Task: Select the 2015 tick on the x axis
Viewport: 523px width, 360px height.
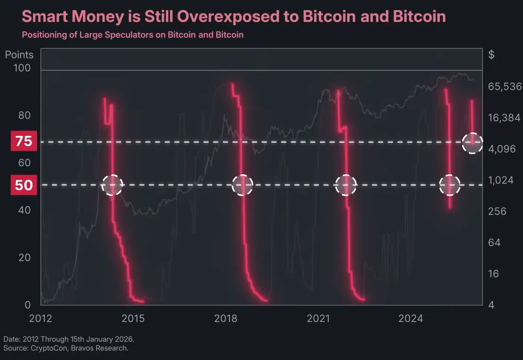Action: tap(133, 318)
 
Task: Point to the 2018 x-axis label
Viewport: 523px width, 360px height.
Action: tap(226, 318)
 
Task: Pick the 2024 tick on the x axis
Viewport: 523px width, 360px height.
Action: tap(411, 318)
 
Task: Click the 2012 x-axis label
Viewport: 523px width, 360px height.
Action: tap(41, 318)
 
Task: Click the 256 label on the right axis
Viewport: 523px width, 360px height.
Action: tap(498, 211)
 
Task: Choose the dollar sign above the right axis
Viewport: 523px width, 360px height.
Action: tap(491, 55)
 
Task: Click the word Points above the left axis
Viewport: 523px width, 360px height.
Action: tap(19, 55)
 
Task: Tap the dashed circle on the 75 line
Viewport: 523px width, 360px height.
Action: tap(472, 142)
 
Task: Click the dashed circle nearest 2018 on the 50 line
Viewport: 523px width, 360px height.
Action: tap(242, 185)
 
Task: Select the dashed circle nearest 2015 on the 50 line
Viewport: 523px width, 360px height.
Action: tap(112, 185)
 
